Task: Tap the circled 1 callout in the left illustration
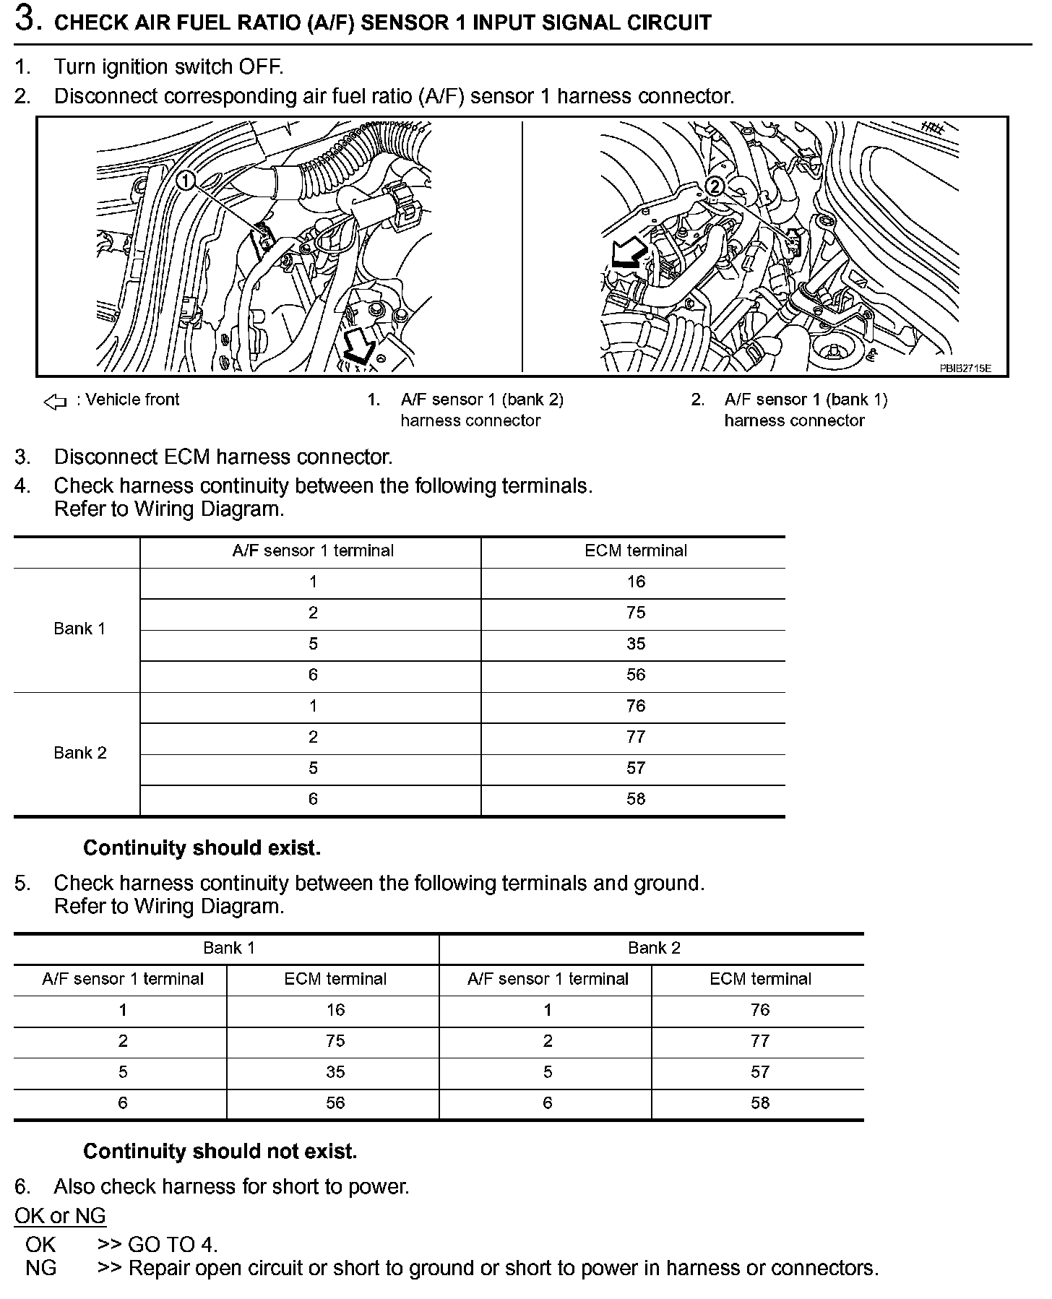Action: (x=186, y=180)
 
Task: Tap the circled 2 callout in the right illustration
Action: (x=713, y=186)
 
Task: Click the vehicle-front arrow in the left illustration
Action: (x=359, y=347)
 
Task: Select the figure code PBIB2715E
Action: (x=965, y=368)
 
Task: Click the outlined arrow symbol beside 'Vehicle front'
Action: (x=56, y=402)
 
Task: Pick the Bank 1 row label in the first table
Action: (x=79, y=629)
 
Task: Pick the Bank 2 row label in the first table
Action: (x=79, y=753)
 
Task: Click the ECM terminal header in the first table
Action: (x=636, y=551)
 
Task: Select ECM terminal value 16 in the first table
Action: (x=636, y=582)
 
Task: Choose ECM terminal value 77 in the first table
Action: (x=636, y=737)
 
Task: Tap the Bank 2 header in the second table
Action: (x=654, y=948)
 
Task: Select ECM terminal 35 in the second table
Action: (x=335, y=1071)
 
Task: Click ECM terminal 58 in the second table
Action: (x=760, y=1102)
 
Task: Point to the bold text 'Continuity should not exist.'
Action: (x=220, y=1151)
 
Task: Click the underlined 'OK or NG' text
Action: (x=60, y=1216)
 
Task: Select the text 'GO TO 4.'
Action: (x=173, y=1245)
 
